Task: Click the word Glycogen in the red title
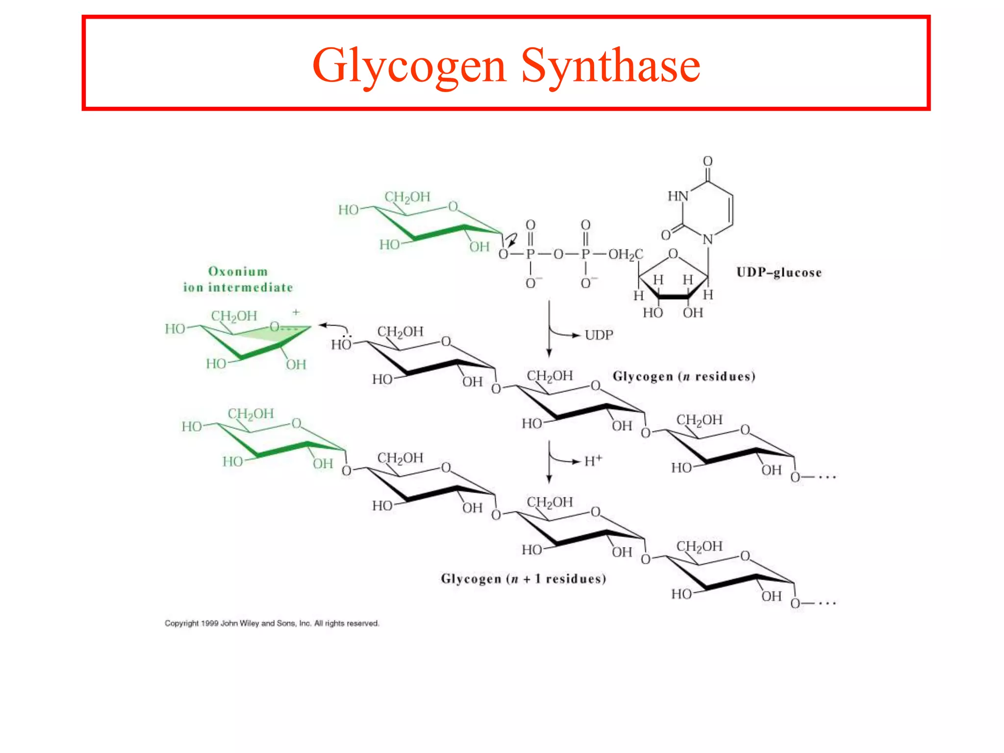(409, 66)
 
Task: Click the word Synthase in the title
(610, 66)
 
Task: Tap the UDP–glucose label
(778, 272)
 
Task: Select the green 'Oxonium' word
(238, 271)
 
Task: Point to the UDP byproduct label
(599, 335)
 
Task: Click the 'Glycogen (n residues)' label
(684, 376)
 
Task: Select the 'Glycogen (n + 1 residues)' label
(524, 579)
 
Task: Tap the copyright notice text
(272, 623)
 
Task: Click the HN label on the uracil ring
(678, 196)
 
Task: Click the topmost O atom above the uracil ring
(707, 161)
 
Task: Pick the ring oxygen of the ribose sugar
(673, 253)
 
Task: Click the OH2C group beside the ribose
(626, 254)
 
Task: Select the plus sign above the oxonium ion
(296, 312)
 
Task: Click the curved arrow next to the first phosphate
(511, 240)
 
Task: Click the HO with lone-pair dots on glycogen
(341, 344)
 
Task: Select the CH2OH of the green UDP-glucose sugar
(407, 197)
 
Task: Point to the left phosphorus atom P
(530, 254)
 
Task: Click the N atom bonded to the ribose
(707, 240)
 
